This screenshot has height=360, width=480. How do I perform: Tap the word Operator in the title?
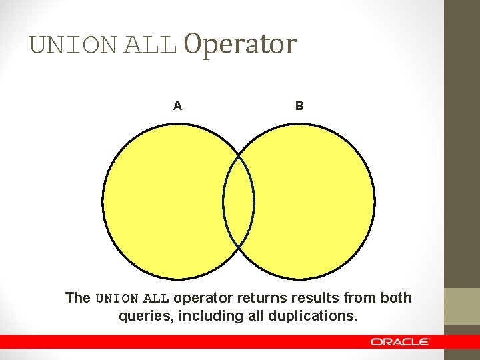[x=239, y=45]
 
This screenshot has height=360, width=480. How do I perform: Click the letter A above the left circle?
[x=177, y=105]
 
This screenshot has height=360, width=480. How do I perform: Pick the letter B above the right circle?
[x=299, y=105]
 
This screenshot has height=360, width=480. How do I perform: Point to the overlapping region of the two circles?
[x=239, y=201]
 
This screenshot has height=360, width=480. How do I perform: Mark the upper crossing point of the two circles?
[x=239, y=155]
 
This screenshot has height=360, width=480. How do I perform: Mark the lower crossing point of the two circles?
[x=239, y=247]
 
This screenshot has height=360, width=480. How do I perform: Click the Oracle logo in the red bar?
[x=400, y=341]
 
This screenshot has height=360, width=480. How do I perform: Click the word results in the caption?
[x=312, y=298]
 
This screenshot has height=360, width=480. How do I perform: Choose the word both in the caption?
[x=396, y=298]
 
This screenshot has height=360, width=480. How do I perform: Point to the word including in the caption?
[x=205, y=316]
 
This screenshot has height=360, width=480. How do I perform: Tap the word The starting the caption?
[x=78, y=298]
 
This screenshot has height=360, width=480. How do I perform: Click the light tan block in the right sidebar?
[x=462, y=306]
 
